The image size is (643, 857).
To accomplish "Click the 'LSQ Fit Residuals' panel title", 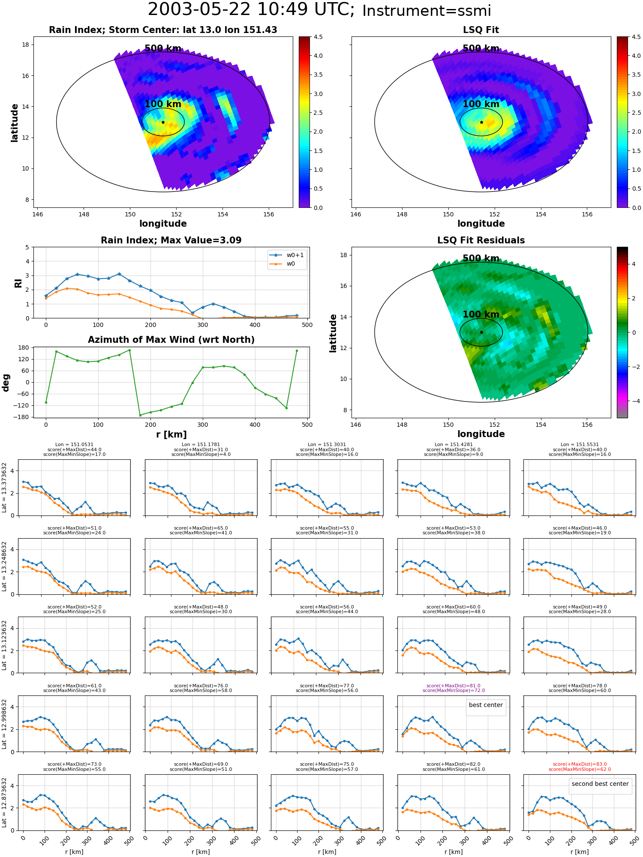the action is [x=481, y=240].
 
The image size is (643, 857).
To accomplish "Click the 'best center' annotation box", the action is [x=486, y=705].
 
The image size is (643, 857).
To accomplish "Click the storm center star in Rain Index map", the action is [x=163, y=122].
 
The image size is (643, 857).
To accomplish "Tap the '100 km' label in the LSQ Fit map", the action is [x=481, y=104].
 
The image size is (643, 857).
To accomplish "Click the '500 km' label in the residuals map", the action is [x=481, y=258].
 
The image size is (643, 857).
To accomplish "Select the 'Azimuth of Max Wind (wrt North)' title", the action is [x=171, y=340].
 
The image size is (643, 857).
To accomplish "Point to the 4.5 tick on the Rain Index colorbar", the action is [x=318, y=37].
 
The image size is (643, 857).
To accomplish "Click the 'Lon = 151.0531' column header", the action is [x=74, y=445].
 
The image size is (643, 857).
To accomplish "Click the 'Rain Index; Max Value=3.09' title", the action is [x=171, y=240].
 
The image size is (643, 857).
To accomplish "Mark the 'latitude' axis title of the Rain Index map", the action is [x=15, y=123].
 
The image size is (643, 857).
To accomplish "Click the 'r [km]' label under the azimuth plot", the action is [x=171, y=434].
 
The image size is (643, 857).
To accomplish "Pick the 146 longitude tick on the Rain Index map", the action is [x=38, y=214].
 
